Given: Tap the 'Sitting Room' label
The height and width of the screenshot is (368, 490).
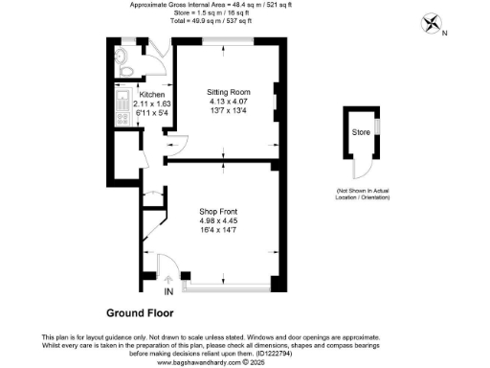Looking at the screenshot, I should [x=228, y=92].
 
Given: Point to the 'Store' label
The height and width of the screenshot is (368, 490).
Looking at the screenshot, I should [x=360, y=131].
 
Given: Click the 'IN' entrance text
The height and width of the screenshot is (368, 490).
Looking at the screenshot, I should [x=169, y=290].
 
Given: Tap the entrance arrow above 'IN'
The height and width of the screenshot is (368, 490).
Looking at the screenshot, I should [x=168, y=279].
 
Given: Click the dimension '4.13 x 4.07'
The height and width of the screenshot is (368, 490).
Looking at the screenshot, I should [x=228, y=102].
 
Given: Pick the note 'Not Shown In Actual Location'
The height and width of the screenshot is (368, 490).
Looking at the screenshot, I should [x=361, y=195].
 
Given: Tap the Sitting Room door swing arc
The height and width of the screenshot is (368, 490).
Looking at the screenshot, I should [x=172, y=146].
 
